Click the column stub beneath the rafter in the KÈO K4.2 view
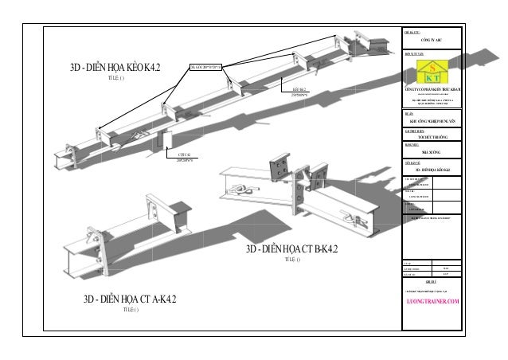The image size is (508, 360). tap(165, 139)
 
